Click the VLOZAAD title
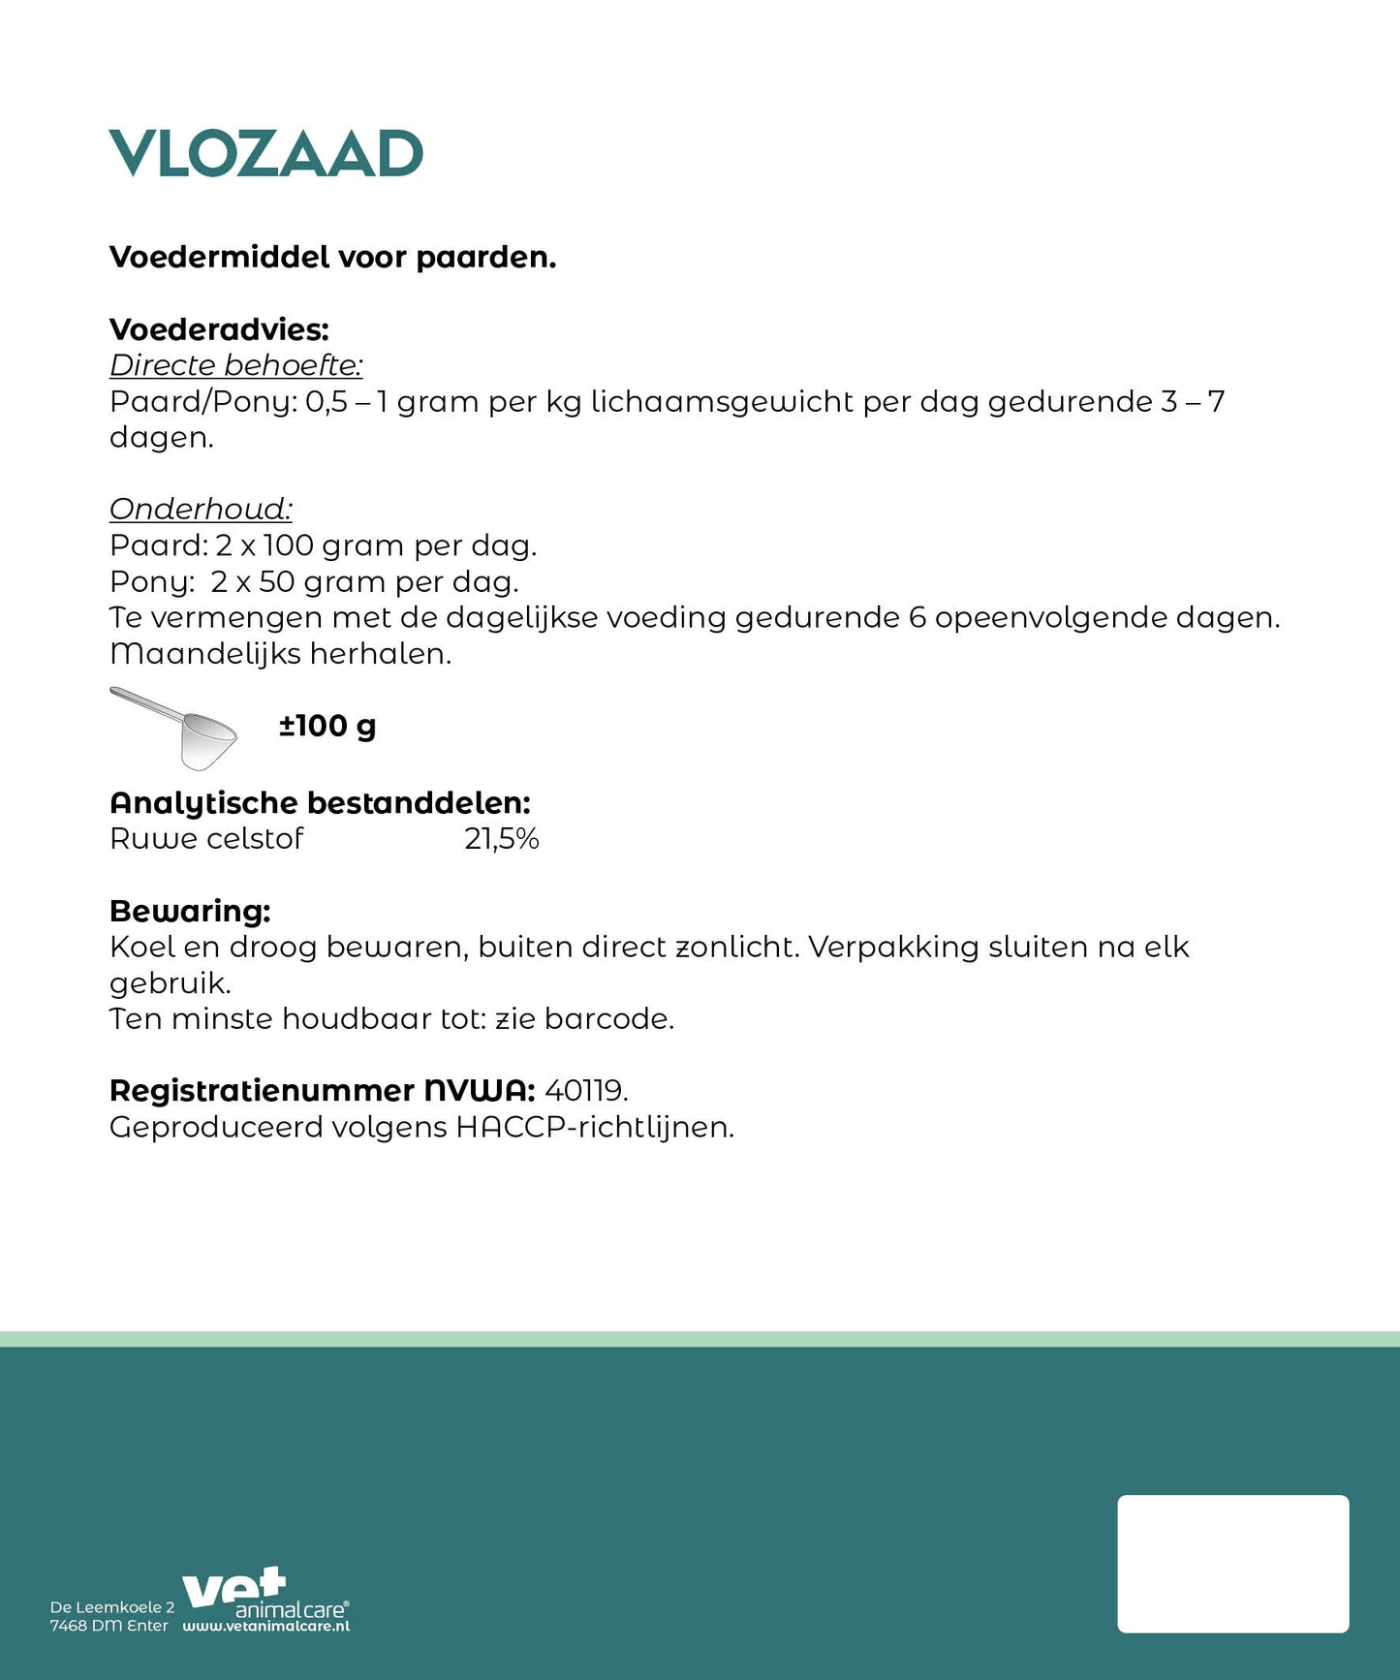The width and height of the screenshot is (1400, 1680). [x=265, y=154]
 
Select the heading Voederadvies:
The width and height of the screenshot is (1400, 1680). [x=219, y=329]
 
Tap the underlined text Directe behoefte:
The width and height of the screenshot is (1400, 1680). [x=235, y=365]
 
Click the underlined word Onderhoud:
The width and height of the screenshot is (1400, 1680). [x=201, y=509]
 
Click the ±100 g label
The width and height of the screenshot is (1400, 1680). [x=327, y=726]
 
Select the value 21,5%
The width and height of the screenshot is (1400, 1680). [x=501, y=839]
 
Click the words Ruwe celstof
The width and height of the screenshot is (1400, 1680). [x=206, y=839]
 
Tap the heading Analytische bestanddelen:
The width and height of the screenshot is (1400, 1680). [x=320, y=802]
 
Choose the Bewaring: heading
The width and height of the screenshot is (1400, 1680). [x=190, y=911]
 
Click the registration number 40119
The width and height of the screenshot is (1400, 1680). [x=585, y=1091]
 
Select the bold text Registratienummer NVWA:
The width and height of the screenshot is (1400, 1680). [x=322, y=1091]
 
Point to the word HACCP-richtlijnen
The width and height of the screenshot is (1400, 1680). [x=594, y=1128]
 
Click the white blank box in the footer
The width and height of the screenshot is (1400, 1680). [x=1232, y=1564]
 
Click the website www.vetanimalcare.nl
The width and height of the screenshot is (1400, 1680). [x=265, y=1627]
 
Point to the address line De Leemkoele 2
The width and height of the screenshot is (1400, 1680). [x=112, y=1607]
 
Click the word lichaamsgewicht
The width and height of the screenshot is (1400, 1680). [x=722, y=401]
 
